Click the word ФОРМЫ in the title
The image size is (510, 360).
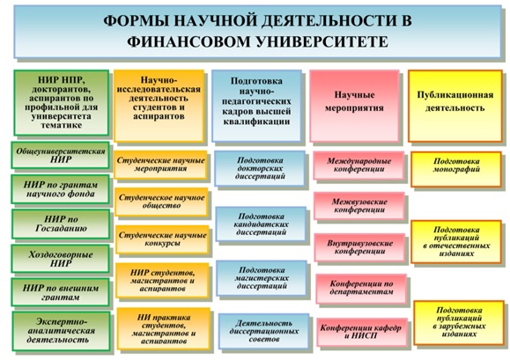coord(135,21)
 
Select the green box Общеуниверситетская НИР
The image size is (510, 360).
coord(61,155)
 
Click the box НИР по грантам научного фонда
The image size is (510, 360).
coord(61,189)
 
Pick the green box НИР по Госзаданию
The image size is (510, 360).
coord(61,224)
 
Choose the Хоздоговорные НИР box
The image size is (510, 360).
coord(61,259)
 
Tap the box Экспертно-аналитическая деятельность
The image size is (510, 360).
coord(62,331)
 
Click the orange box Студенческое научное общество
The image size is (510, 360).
coord(161,202)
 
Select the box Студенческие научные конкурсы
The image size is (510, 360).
coord(162,239)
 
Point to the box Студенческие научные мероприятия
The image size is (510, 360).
coord(160,165)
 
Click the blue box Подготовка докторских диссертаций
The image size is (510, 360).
coord(260,168)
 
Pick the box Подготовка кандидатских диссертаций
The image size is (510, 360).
coord(262,224)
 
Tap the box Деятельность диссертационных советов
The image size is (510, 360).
coord(263,331)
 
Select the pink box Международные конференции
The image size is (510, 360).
coord(358,165)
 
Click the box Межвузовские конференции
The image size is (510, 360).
coord(359,206)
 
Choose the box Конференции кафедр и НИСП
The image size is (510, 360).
coord(362,332)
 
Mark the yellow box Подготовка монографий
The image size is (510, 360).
coord(456,169)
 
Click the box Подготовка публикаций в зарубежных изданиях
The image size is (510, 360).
coord(459,322)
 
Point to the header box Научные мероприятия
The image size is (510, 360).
coord(354,106)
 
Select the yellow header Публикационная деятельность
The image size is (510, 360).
coord(455,106)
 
